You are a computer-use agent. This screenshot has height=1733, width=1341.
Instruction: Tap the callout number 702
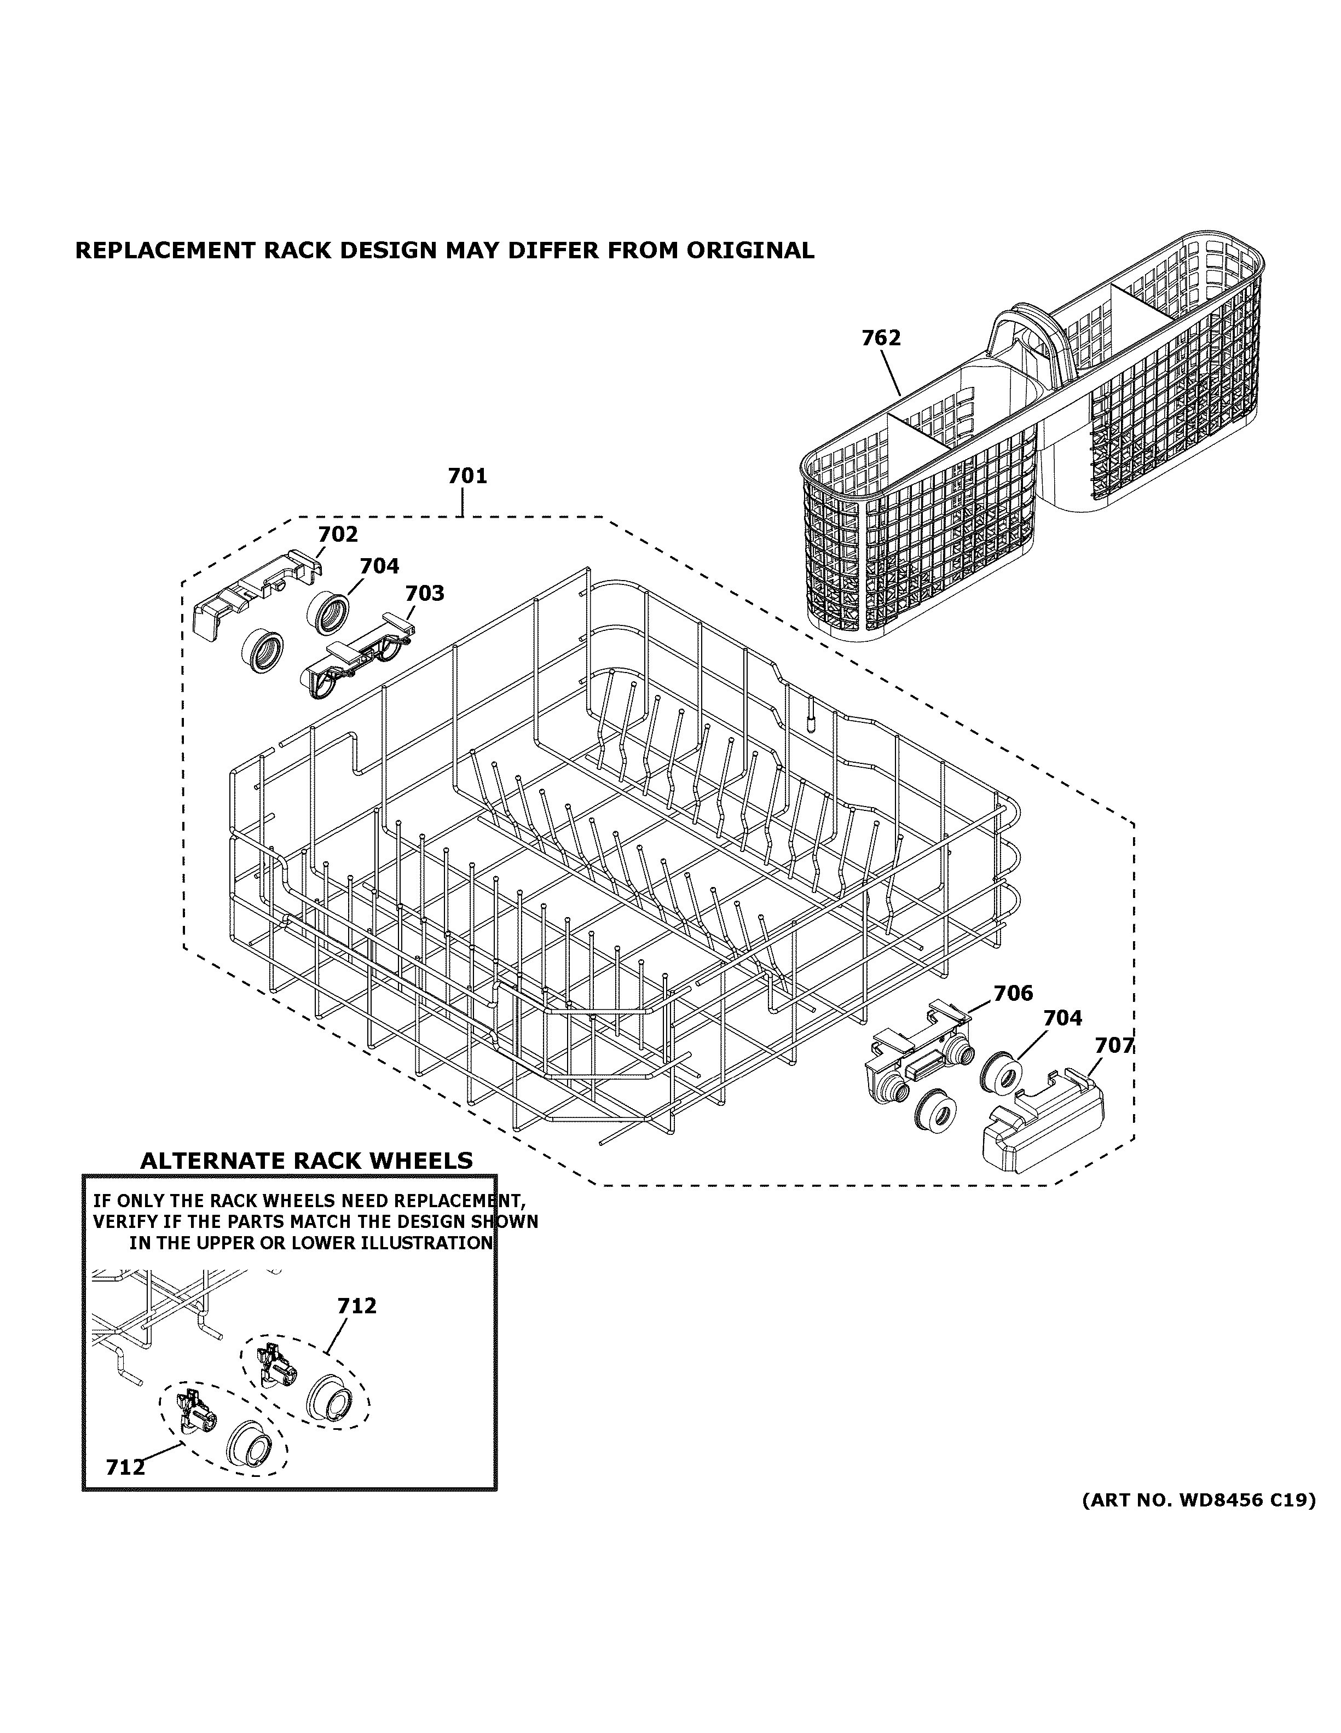(338, 534)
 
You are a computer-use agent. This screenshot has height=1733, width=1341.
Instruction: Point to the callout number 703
(425, 594)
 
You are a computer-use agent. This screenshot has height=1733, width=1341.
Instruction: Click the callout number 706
(1013, 994)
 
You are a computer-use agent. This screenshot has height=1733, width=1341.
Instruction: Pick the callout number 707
(1114, 1046)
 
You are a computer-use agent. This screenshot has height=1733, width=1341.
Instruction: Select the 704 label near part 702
(379, 566)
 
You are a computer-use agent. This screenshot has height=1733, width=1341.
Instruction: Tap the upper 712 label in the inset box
(356, 1305)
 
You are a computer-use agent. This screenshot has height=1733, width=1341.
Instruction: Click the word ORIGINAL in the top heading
(750, 251)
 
